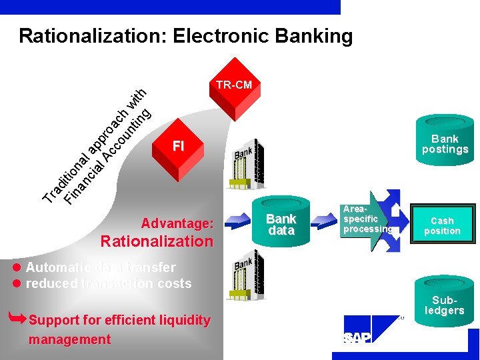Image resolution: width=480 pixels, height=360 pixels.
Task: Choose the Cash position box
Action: click(442, 226)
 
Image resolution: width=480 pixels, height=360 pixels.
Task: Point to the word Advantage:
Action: click(177, 223)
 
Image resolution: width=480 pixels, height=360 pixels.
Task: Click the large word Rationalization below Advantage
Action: click(157, 241)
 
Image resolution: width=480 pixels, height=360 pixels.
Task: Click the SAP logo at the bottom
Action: click(357, 339)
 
